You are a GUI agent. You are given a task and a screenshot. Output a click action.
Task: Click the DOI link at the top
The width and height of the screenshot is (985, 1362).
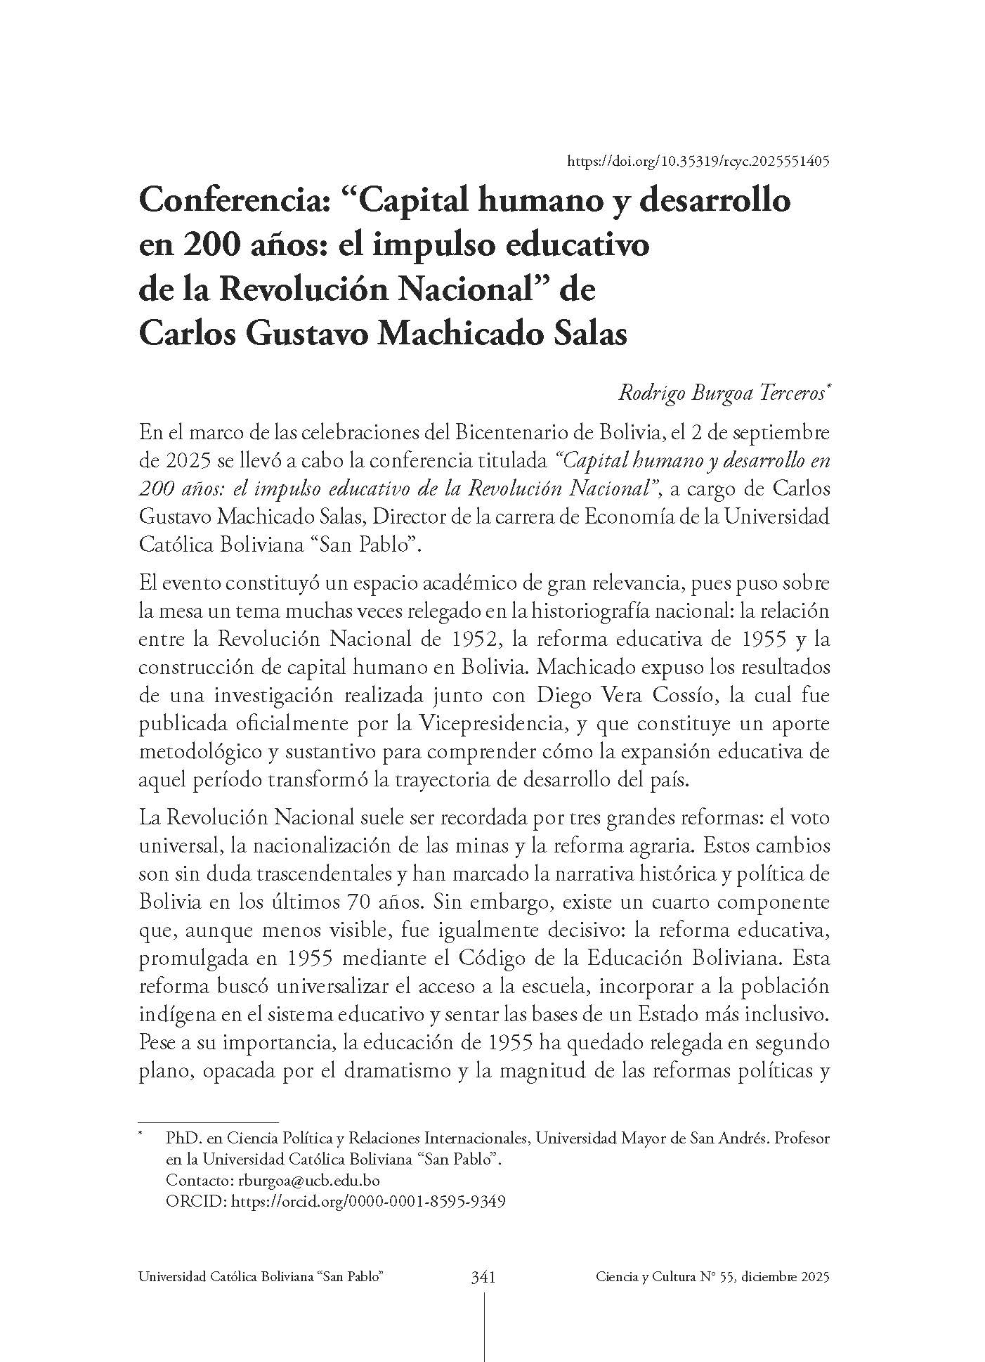click(x=698, y=161)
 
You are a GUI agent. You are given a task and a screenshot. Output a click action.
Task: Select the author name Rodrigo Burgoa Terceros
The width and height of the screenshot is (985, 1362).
click(x=722, y=393)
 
